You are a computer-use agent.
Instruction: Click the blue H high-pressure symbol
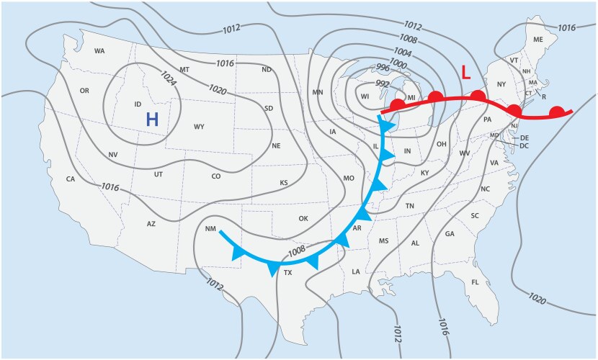point(152,120)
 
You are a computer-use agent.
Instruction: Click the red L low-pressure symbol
point(465,73)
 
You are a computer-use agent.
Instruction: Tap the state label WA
point(99,51)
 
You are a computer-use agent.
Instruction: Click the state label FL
point(476,282)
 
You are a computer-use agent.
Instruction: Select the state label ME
point(537,40)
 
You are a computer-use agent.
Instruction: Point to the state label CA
point(71,179)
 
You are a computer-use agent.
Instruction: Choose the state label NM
point(210,229)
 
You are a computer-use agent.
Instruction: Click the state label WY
point(200,127)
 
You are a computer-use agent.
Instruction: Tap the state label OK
point(303,218)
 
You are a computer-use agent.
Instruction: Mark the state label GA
point(450,234)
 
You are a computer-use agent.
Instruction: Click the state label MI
point(412,97)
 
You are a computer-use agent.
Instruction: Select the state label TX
point(287,273)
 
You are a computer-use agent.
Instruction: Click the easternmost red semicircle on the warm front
point(556,112)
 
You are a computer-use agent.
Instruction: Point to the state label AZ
point(151,224)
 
